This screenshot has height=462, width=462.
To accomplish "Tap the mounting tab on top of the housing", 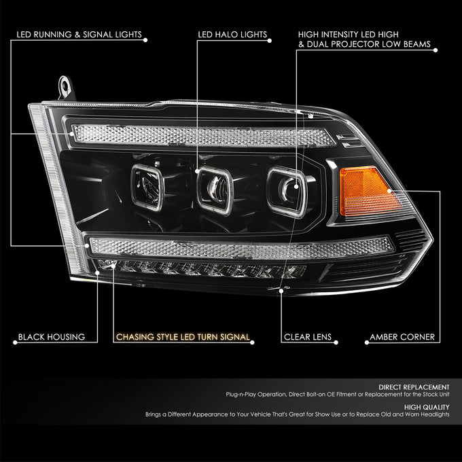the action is (65, 88).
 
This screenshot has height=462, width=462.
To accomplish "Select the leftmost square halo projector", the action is (147, 188).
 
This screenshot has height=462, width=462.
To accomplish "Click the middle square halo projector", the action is (215, 190).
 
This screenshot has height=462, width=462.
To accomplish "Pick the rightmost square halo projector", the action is (287, 192).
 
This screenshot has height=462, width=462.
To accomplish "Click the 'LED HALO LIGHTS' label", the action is (232, 35).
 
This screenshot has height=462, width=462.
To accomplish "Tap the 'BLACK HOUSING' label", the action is (52, 337).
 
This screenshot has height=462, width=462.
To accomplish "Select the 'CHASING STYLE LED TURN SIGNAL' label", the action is (183, 337).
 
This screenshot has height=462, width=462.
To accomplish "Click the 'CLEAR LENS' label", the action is (308, 337).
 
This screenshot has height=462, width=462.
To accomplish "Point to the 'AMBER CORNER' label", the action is (402, 337).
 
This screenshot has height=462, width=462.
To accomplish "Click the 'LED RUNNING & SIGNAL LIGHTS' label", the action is (79, 35).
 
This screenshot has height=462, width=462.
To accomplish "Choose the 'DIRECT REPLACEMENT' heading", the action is (414, 387).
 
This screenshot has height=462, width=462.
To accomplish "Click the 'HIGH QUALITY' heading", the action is (427, 407).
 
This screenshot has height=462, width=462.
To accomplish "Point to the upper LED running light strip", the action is (203, 136).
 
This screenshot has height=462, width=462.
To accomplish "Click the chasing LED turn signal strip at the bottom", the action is (202, 269).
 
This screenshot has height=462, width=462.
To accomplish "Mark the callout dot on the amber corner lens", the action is (389, 191).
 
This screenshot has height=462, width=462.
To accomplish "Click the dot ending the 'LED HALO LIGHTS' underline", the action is (269, 41).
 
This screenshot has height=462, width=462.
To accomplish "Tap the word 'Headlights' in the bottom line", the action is (435, 414).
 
